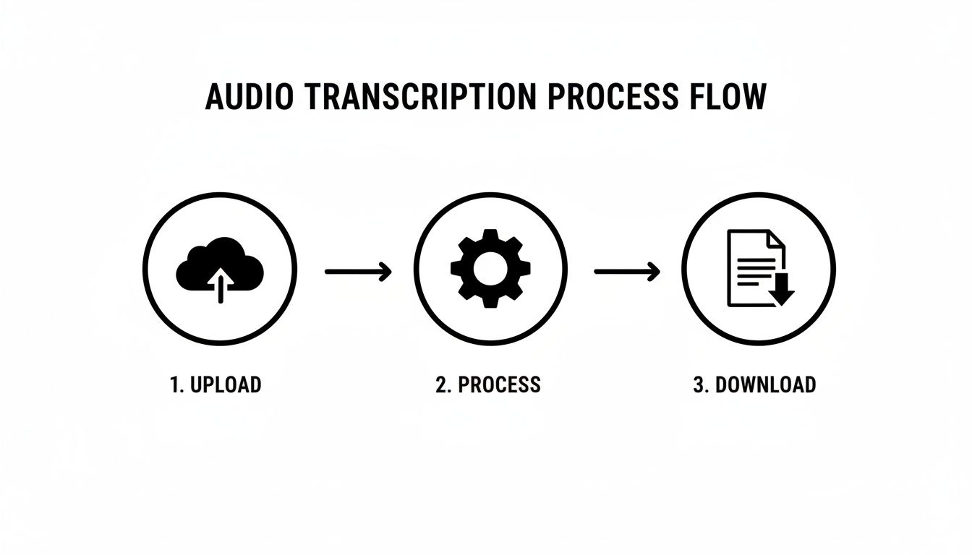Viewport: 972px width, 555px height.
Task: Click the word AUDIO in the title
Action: [249, 98]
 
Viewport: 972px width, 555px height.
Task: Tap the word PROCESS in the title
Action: [613, 98]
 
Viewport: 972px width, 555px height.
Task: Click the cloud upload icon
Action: [219, 270]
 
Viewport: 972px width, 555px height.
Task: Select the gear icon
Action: [490, 270]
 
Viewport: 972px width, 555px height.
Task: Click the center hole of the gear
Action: [490, 270]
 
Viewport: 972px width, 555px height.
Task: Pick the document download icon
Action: [759, 268]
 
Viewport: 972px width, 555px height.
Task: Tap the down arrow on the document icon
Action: [781, 292]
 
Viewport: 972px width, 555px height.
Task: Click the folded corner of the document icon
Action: [775, 240]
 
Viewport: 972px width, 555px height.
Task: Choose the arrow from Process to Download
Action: [626, 272]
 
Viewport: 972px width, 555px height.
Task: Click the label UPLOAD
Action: [226, 384]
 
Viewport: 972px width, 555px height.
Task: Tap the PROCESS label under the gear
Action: [499, 384]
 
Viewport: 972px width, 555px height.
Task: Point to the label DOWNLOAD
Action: [765, 384]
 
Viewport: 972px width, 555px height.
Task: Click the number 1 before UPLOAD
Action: [174, 384]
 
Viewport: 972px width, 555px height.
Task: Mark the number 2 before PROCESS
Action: [441, 384]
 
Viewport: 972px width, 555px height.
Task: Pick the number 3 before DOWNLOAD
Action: [699, 384]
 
